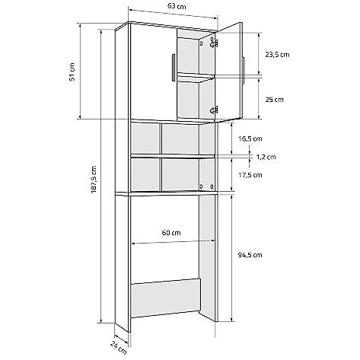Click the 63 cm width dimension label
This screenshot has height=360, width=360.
click(177, 6)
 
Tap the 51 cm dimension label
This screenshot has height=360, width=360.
click(72, 72)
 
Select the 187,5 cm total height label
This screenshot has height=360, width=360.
click(94, 180)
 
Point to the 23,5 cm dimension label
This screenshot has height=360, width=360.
click(277, 55)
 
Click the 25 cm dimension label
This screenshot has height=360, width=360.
click(274, 100)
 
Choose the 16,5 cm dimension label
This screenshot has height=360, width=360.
click(250, 139)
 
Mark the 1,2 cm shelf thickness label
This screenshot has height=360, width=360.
click(266, 157)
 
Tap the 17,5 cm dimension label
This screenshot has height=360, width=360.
click(250, 175)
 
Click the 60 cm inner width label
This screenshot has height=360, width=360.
click(171, 232)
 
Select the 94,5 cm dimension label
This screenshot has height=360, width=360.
click(250, 255)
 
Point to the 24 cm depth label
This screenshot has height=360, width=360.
click(119, 348)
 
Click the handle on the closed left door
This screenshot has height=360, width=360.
click(174, 68)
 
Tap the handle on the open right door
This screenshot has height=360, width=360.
click(243, 71)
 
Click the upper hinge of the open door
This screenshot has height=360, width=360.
click(214, 43)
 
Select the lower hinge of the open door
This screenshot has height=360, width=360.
click(214, 110)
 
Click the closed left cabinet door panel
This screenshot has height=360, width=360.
click(153, 72)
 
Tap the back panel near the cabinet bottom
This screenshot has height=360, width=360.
click(165, 298)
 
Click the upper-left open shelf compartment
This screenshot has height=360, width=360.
click(145, 139)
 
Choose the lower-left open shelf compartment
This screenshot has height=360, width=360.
click(145, 174)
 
